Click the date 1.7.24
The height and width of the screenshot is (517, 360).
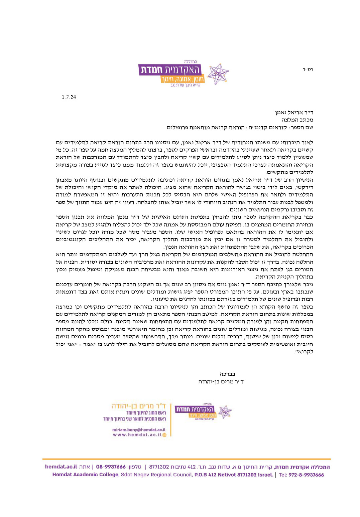[69, 97]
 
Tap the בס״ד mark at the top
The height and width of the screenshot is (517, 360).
[308, 70]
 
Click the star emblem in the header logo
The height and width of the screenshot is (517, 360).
[218, 73]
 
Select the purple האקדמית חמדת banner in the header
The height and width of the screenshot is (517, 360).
[170, 69]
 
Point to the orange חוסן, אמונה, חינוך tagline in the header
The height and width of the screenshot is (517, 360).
[183, 79]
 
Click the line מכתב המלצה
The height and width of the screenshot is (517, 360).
[297, 120]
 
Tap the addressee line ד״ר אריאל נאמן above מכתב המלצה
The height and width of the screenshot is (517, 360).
[294, 113]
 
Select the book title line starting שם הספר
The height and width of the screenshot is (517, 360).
[240, 128]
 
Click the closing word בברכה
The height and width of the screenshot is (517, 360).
[227, 374]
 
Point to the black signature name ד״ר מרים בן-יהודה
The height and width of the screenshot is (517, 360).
[221, 382]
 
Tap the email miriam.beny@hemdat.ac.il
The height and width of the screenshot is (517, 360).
[139, 430]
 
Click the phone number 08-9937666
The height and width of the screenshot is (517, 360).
[111, 467]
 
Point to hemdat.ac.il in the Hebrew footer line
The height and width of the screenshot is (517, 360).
[61, 467]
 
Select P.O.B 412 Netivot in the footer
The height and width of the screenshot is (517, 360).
[215, 475]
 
